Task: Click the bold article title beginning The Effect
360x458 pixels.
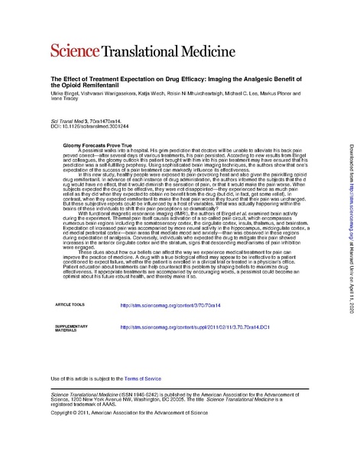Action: tap(176, 82)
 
